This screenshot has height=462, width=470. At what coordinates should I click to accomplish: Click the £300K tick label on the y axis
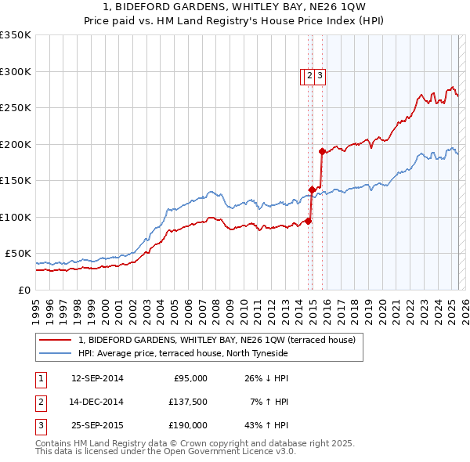pos(16,71)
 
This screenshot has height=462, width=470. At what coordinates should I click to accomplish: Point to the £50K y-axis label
pos(18,254)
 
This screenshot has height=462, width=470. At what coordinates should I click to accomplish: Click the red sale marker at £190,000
pos(322,151)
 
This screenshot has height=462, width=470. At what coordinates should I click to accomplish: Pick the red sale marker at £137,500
pos(312,189)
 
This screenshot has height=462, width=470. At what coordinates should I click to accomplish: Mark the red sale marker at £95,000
pos(309,221)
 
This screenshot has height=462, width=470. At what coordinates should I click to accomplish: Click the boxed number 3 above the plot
pos(320,76)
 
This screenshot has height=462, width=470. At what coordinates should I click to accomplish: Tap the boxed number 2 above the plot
pos(309,76)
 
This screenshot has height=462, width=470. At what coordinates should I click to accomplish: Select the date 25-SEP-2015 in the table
pos(97,425)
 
